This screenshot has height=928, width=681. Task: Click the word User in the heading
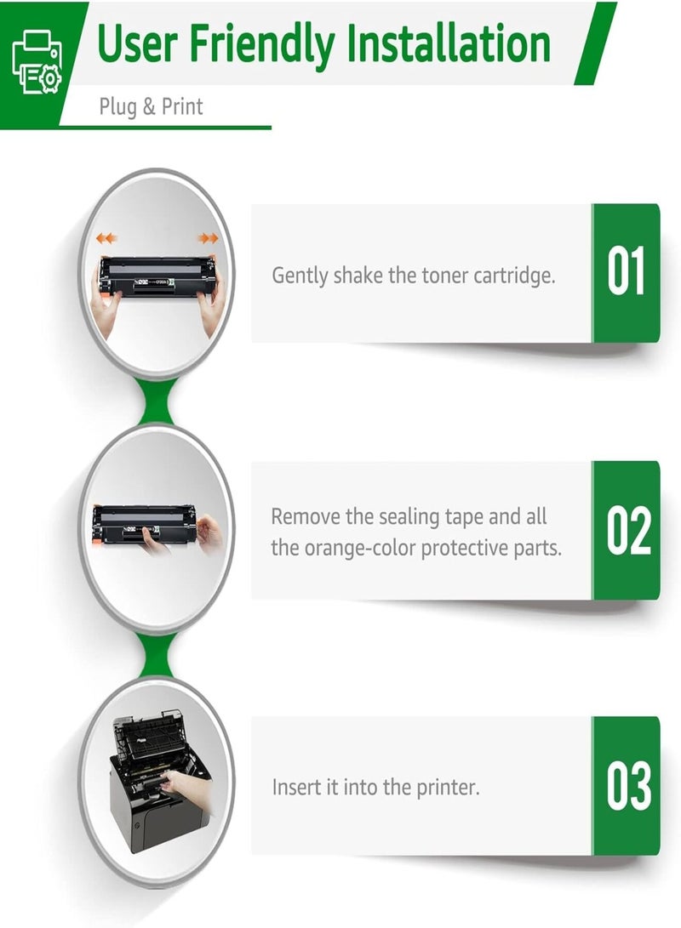(x=136, y=43)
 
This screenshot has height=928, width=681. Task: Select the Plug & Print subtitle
(x=151, y=107)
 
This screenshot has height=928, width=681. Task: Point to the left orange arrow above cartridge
(x=106, y=239)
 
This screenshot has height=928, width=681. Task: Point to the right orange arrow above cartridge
(x=207, y=239)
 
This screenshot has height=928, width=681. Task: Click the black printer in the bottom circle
(x=157, y=791)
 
